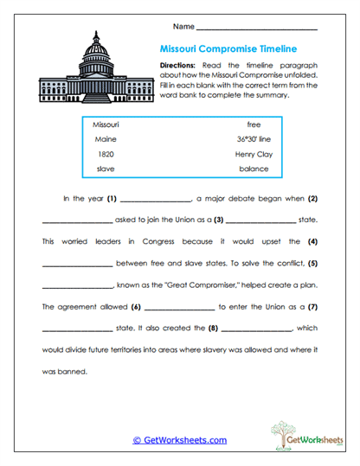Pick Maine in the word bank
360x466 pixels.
pos(106,138)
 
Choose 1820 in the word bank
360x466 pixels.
pos(106,153)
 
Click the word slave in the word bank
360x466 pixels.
pos(106,168)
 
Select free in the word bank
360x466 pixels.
pos(254,124)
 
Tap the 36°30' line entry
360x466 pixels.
pos(254,138)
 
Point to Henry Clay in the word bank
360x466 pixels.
pos(254,153)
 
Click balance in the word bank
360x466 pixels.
pos(254,168)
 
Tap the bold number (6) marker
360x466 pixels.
pos(136,306)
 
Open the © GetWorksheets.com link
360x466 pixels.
pos(179,440)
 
